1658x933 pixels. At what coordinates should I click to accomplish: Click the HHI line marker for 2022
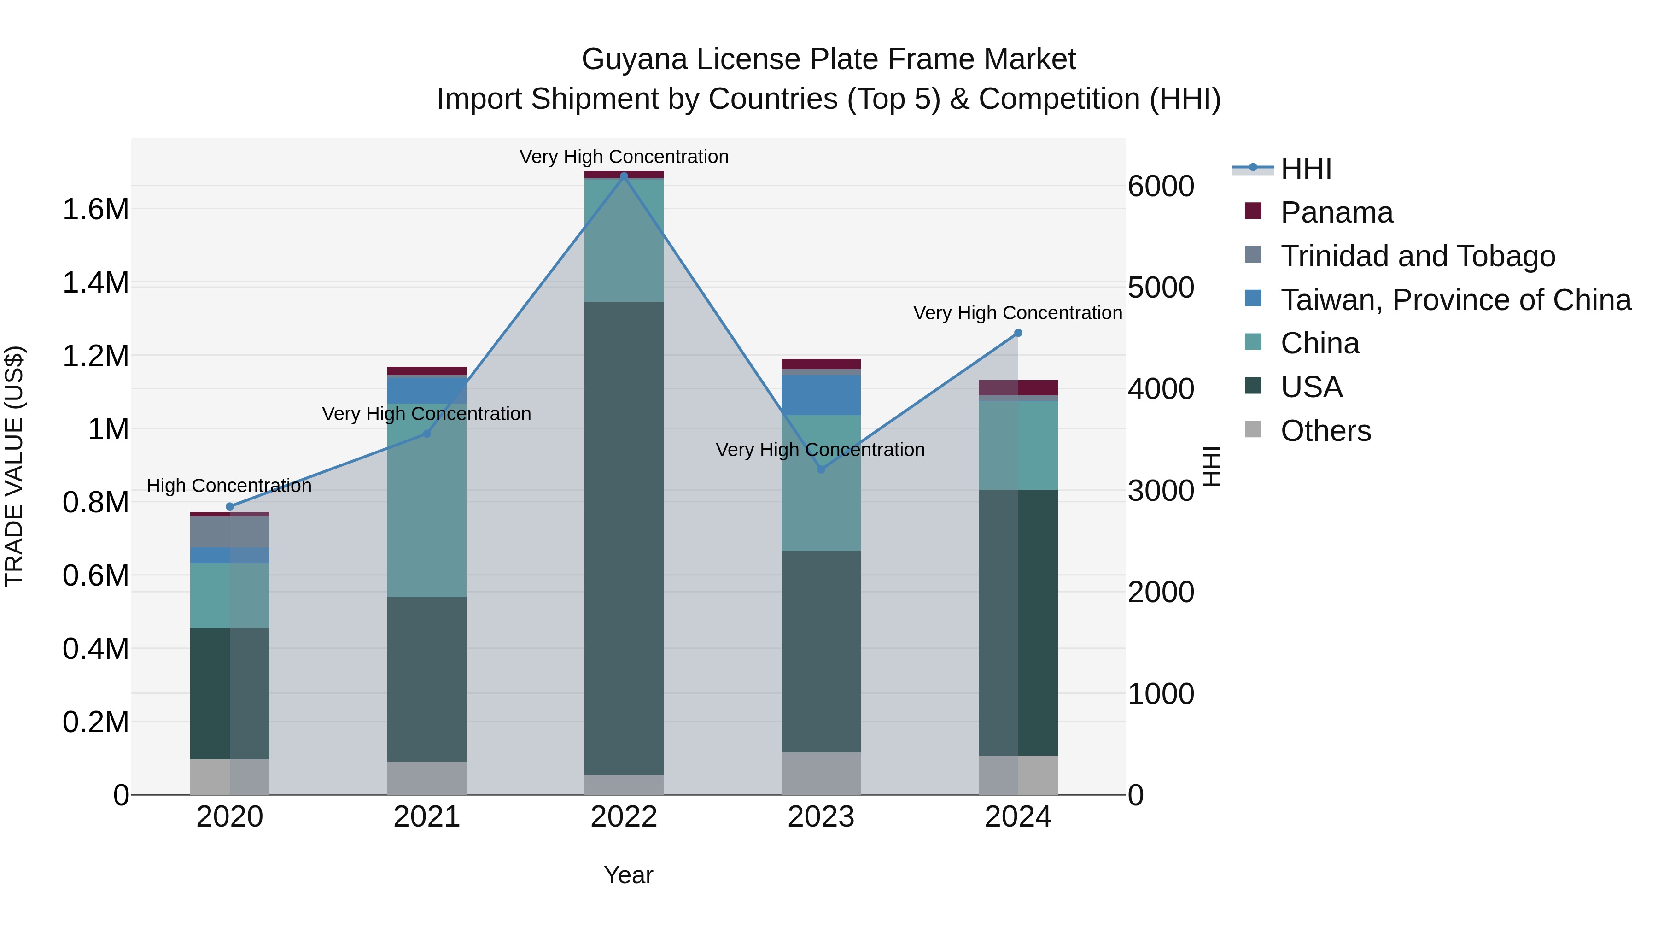pos(624,176)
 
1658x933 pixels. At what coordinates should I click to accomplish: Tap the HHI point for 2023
pos(821,469)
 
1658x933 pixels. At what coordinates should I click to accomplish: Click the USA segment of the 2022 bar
pos(624,538)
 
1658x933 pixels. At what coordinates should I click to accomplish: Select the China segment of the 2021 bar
pos(427,499)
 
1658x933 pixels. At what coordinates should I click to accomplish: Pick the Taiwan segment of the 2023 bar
pos(821,395)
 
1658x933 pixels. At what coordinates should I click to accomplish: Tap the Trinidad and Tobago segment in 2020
pos(230,532)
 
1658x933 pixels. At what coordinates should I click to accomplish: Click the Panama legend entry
pos(1336,212)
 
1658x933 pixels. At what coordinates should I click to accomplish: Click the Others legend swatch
pos(1253,429)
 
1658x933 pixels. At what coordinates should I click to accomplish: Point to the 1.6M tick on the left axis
pos(95,210)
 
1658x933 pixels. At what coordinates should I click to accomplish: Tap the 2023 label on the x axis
pos(821,817)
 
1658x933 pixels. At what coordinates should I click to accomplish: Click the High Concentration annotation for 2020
pos(229,486)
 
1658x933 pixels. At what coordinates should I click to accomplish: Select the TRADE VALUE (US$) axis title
pos(14,466)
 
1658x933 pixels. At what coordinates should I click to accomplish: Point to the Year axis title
pos(628,875)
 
